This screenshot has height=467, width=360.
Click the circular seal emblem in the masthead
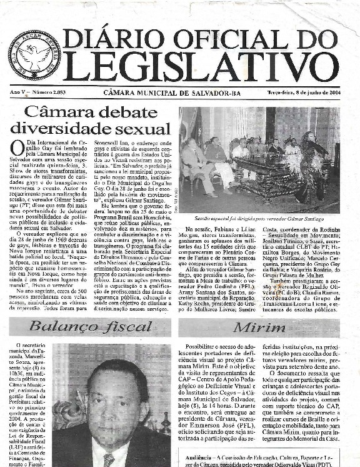pyautogui.click(x=34, y=56)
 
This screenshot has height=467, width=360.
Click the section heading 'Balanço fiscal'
pyautogui.click(x=89, y=326)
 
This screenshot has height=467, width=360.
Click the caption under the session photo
pyautogui.click(x=259, y=220)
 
